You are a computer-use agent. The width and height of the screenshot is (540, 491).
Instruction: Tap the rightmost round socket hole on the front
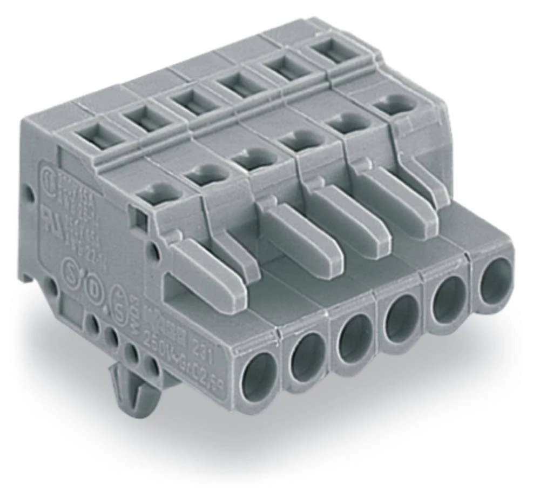pos(494,280)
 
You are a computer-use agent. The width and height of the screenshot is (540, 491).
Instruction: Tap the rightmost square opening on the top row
pos(330,53)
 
